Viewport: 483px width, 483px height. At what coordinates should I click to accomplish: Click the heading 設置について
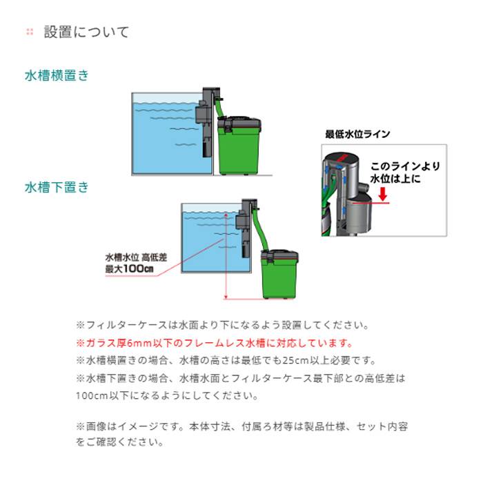pos(86,32)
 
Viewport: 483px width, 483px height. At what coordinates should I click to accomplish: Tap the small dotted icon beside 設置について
pos(29,32)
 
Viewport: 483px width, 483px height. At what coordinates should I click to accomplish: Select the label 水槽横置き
pos(57,76)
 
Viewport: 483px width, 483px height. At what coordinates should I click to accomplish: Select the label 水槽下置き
pos(57,187)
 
